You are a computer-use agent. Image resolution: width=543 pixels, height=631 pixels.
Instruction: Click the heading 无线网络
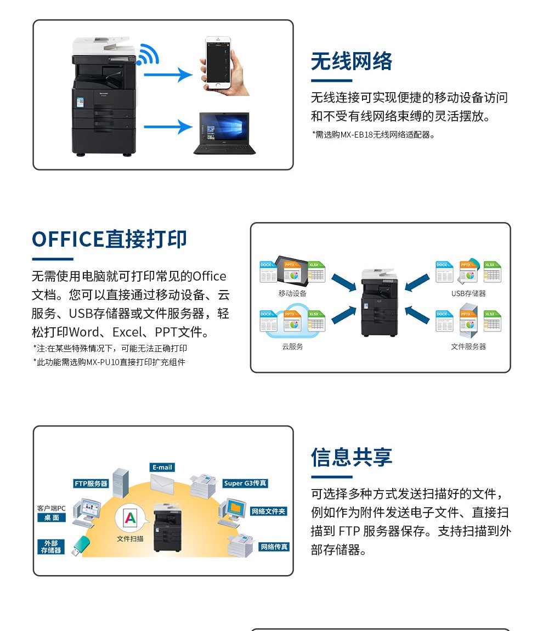click(x=352, y=61)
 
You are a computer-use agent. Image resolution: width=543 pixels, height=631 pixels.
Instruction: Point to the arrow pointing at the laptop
click(x=165, y=127)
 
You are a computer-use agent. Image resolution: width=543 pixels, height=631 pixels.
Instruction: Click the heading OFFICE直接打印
click(x=110, y=240)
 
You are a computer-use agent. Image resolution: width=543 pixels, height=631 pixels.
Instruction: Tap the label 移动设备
click(x=292, y=293)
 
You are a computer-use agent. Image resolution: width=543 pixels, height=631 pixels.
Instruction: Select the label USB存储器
click(x=468, y=293)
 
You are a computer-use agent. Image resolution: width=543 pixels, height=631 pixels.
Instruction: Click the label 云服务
click(x=292, y=346)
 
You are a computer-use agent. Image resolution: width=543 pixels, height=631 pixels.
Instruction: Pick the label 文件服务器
click(x=468, y=346)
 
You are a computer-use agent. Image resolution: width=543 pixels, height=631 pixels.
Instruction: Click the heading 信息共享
click(x=352, y=457)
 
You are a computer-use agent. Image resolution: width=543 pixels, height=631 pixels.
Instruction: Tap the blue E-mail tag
click(x=162, y=468)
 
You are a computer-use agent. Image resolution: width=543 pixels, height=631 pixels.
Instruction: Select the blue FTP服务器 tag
click(x=91, y=484)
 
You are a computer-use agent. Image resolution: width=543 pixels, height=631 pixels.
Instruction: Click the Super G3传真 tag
click(x=245, y=483)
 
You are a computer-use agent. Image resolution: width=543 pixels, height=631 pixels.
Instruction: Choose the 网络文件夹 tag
click(x=269, y=511)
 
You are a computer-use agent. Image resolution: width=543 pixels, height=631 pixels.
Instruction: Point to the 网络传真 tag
click(x=274, y=547)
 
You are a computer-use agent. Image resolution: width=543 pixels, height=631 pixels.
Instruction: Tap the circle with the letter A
click(x=130, y=518)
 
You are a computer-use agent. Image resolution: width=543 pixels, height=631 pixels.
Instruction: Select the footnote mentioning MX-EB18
click(x=374, y=134)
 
